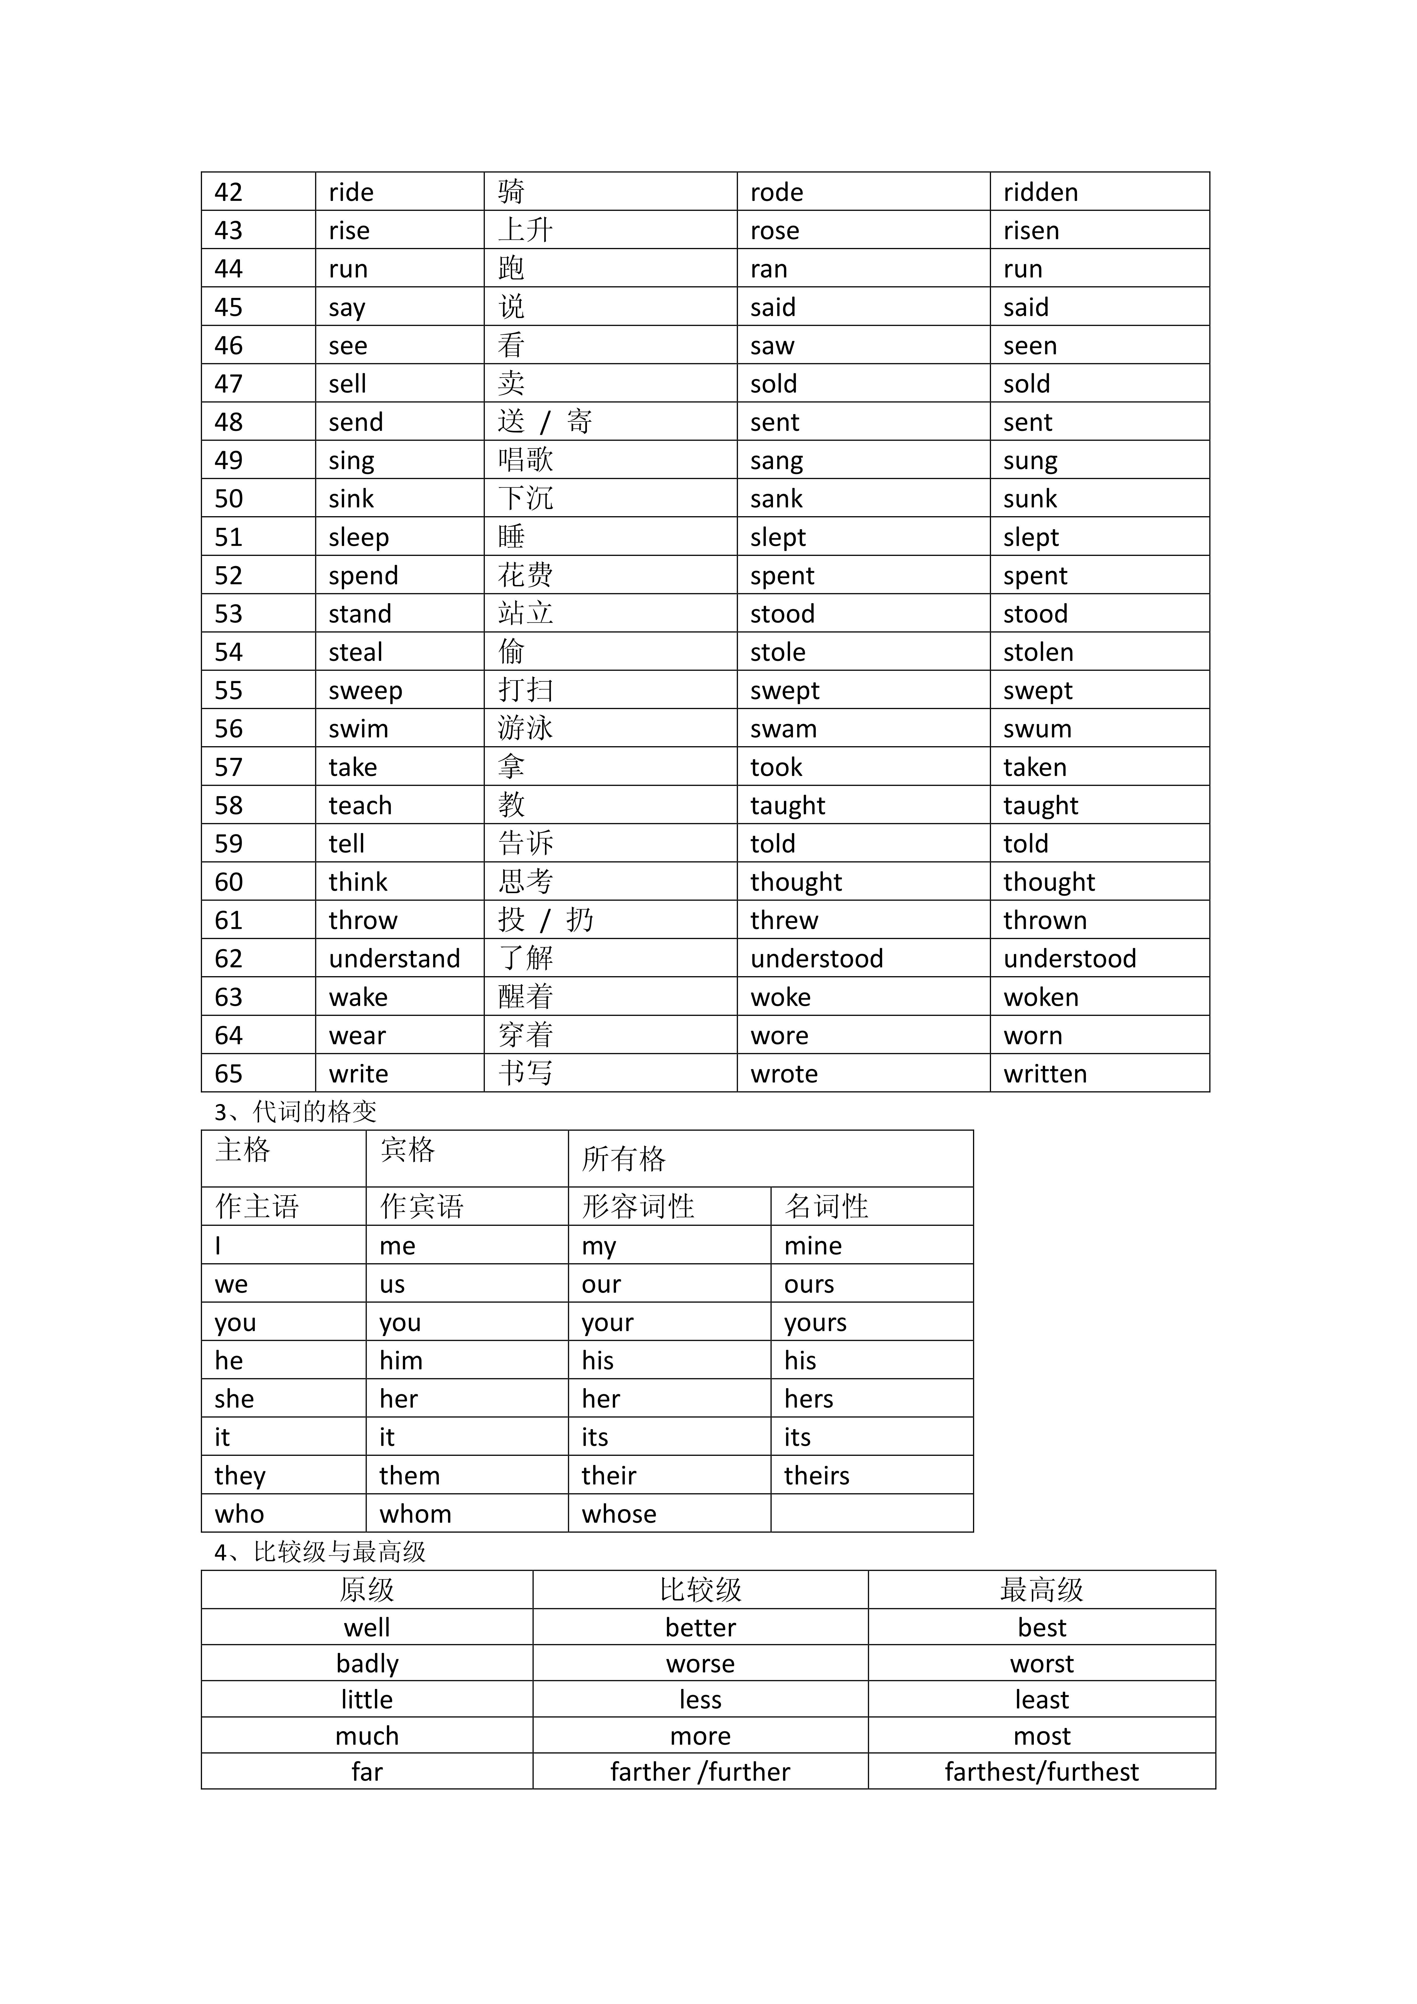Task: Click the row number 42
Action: tap(229, 192)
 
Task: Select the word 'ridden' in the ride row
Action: tap(1040, 192)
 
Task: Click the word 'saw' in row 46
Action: tap(772, 346)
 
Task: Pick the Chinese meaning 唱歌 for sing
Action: tap(525, 460)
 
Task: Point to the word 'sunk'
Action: tap(1030, 499)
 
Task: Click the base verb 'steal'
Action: tap(355, 652)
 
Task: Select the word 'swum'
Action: tap(1037, 729)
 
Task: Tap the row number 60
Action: tap(229, 881)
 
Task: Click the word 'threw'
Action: tap(784, 920)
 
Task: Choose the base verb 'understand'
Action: tap(393, 958)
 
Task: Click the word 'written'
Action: tap(1044, 1073)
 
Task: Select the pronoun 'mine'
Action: tap(812, 1246)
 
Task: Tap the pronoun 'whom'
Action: tap(415, 1513)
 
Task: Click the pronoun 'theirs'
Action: tap(816, 1475)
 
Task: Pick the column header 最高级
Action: tap(1041, 1589)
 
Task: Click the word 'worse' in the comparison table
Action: tap(700, 1664)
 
